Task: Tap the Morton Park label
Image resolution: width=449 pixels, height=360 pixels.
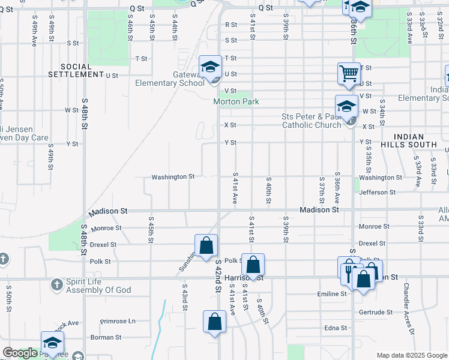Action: coord(237,101)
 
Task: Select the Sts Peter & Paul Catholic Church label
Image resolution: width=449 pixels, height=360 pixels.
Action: coord(312,121)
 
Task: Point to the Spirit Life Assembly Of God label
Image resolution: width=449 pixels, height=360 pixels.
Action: coord(98,286)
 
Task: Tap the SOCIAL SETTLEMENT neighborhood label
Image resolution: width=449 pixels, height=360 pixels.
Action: coord(76,70)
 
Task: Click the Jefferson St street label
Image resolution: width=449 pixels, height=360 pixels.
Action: coord(378,192)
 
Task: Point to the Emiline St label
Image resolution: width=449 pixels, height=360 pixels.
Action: coord(333,294)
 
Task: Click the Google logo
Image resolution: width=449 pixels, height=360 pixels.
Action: coord(20,353)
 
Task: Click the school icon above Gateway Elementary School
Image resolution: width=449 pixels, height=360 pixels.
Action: coord(211,67)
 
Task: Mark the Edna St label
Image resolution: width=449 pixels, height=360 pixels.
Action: coord(336,328)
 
